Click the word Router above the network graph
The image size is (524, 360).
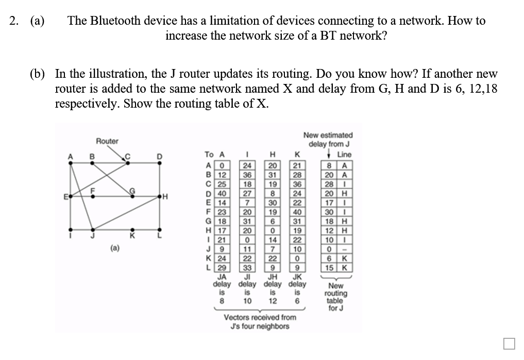(107, 141)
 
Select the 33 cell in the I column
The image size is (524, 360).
(248, 268)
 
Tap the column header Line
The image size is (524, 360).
(344, 154)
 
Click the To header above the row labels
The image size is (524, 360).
(209, 154)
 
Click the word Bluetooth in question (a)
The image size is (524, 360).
(117, 21)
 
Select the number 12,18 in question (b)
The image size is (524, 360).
(484, 89)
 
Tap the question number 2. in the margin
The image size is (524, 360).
(14, 21)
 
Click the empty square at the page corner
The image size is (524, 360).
(509, 343)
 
